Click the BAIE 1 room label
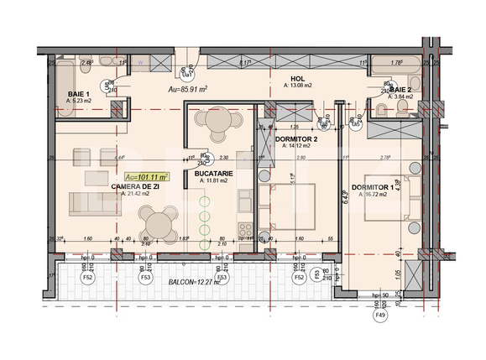[79, 94]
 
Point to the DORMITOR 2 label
[296, 138]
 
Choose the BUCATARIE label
[215, 172]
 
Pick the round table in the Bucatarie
[217, 122]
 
